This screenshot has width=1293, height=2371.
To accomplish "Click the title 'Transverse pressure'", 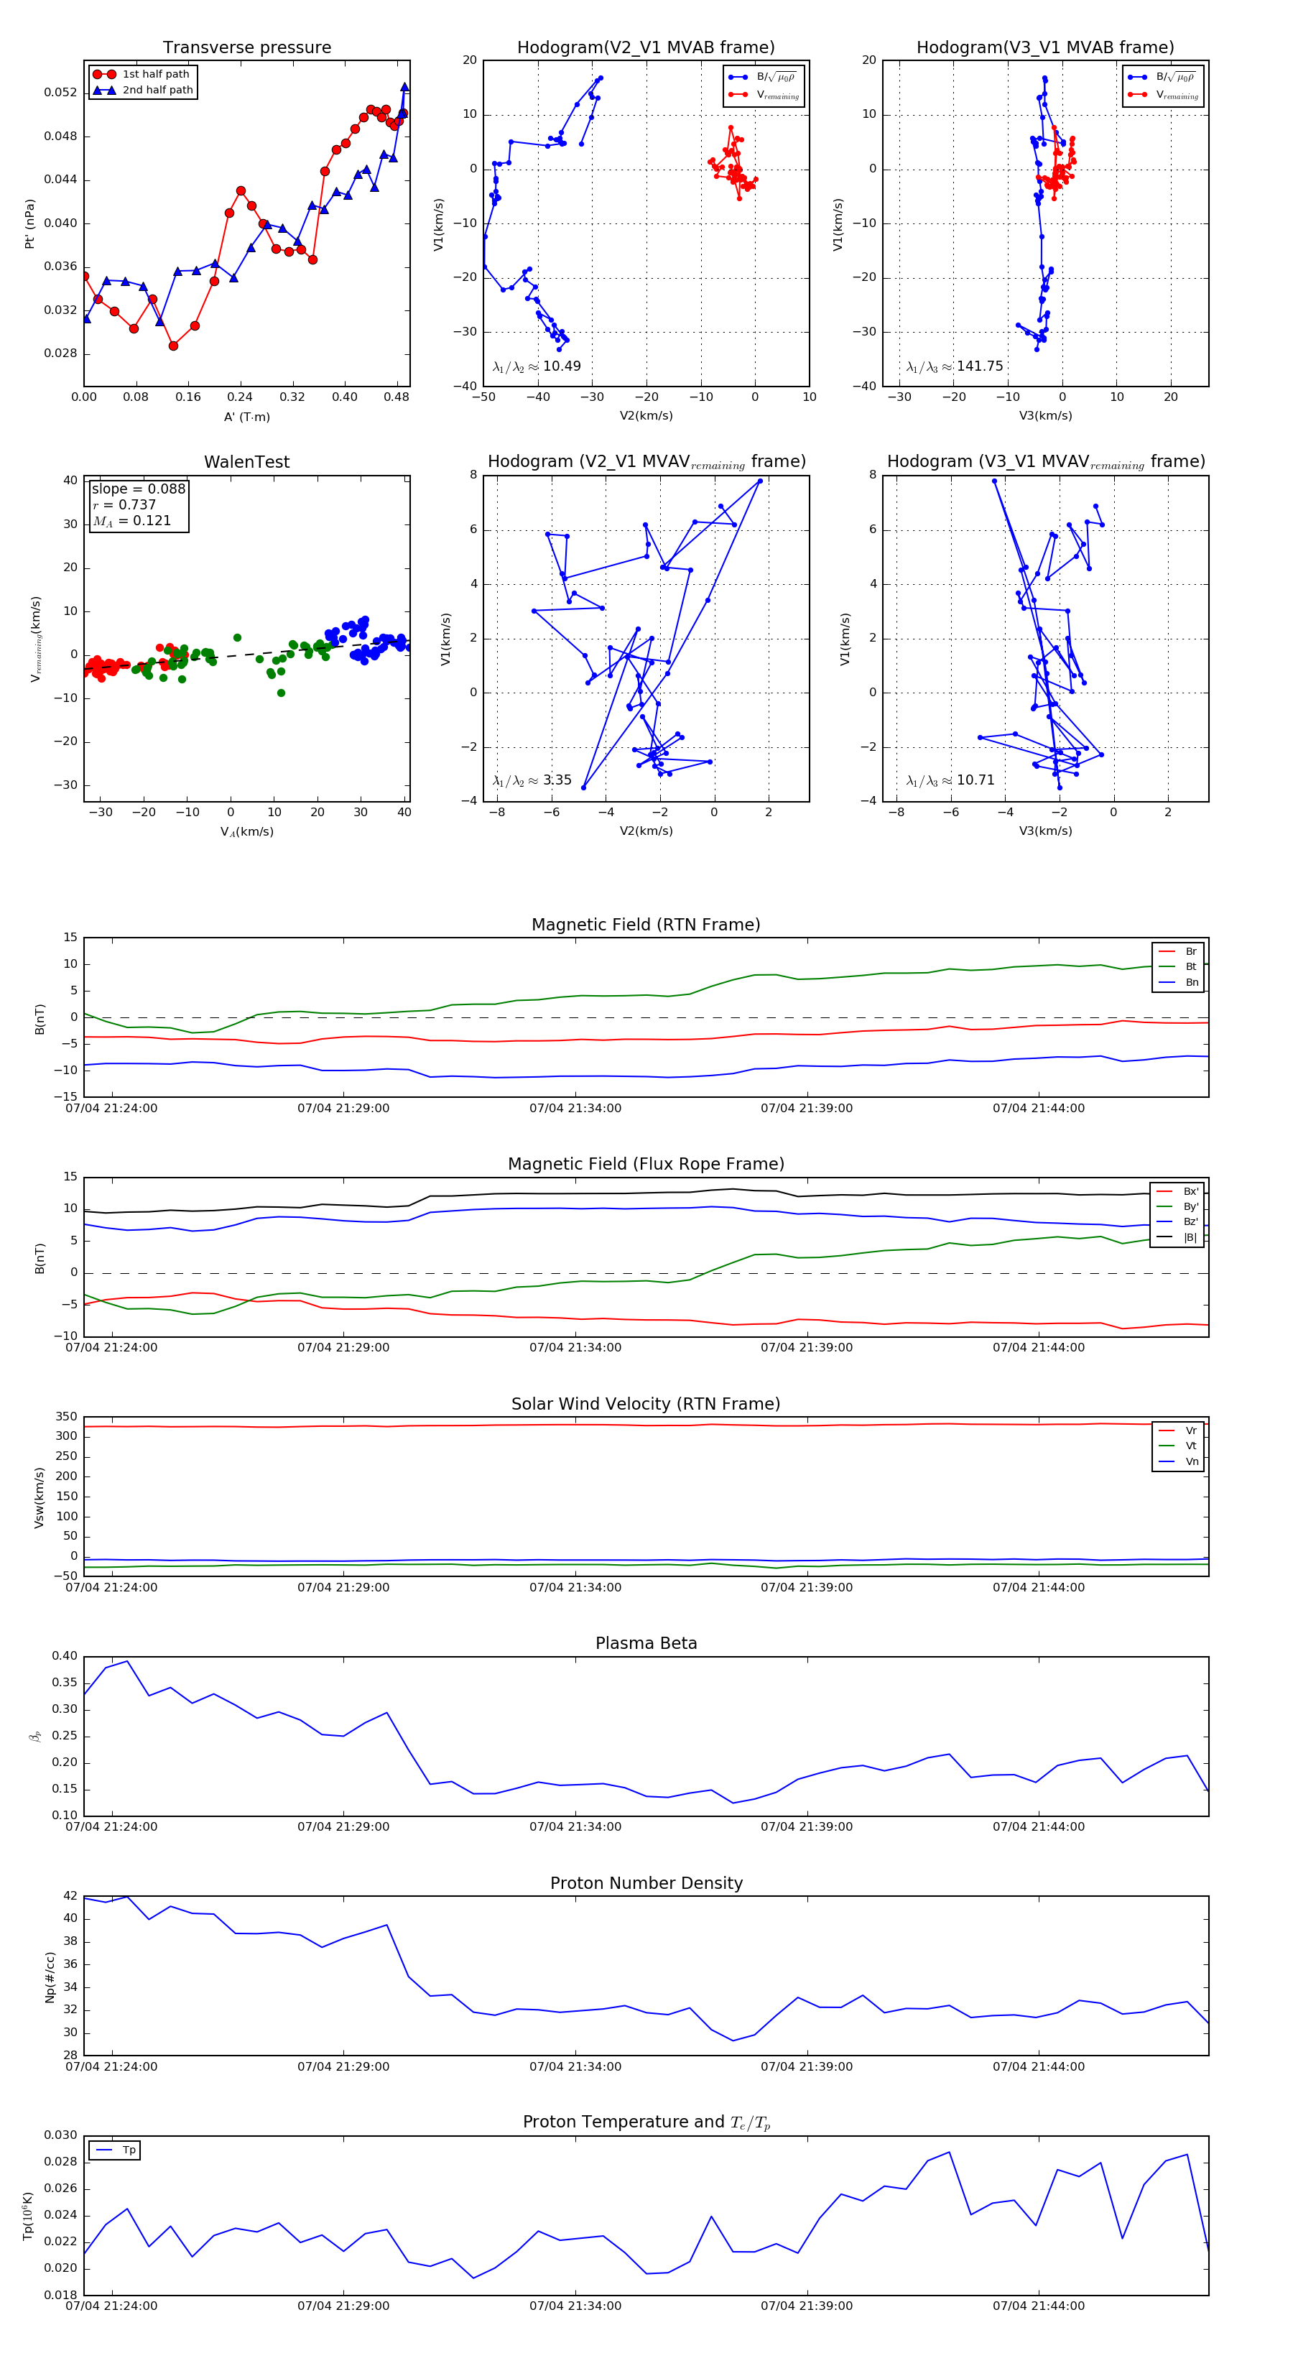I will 246,48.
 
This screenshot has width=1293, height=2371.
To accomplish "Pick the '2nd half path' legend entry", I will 157,91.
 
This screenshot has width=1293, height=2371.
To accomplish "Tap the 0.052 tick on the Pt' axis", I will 61,92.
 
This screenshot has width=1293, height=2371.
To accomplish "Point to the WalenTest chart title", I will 246,462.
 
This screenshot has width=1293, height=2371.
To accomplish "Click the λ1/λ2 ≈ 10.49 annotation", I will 537,366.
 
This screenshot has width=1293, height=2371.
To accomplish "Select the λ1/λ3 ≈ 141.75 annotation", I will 955,366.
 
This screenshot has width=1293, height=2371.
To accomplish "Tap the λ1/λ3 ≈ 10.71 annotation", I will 950,780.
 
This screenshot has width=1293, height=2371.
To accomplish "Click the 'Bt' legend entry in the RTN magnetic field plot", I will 1190,966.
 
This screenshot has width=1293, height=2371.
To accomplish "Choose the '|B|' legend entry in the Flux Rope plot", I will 1190,1237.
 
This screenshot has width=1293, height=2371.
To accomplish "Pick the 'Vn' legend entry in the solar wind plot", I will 1192,1461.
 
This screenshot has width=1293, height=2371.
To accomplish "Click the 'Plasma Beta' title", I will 646,1643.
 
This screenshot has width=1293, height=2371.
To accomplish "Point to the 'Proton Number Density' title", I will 646,1883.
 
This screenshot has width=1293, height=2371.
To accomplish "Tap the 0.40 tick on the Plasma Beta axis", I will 65,1656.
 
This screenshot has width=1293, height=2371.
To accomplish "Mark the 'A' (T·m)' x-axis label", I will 246,417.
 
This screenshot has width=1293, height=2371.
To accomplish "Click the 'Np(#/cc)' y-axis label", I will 50,1977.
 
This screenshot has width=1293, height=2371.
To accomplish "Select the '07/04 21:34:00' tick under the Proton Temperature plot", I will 575,2306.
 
